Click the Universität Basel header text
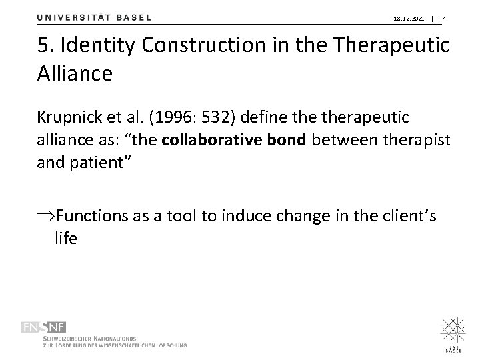[94, 18]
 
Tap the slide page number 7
[444, 19]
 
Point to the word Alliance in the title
[75, 73]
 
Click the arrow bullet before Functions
[46, 217]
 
